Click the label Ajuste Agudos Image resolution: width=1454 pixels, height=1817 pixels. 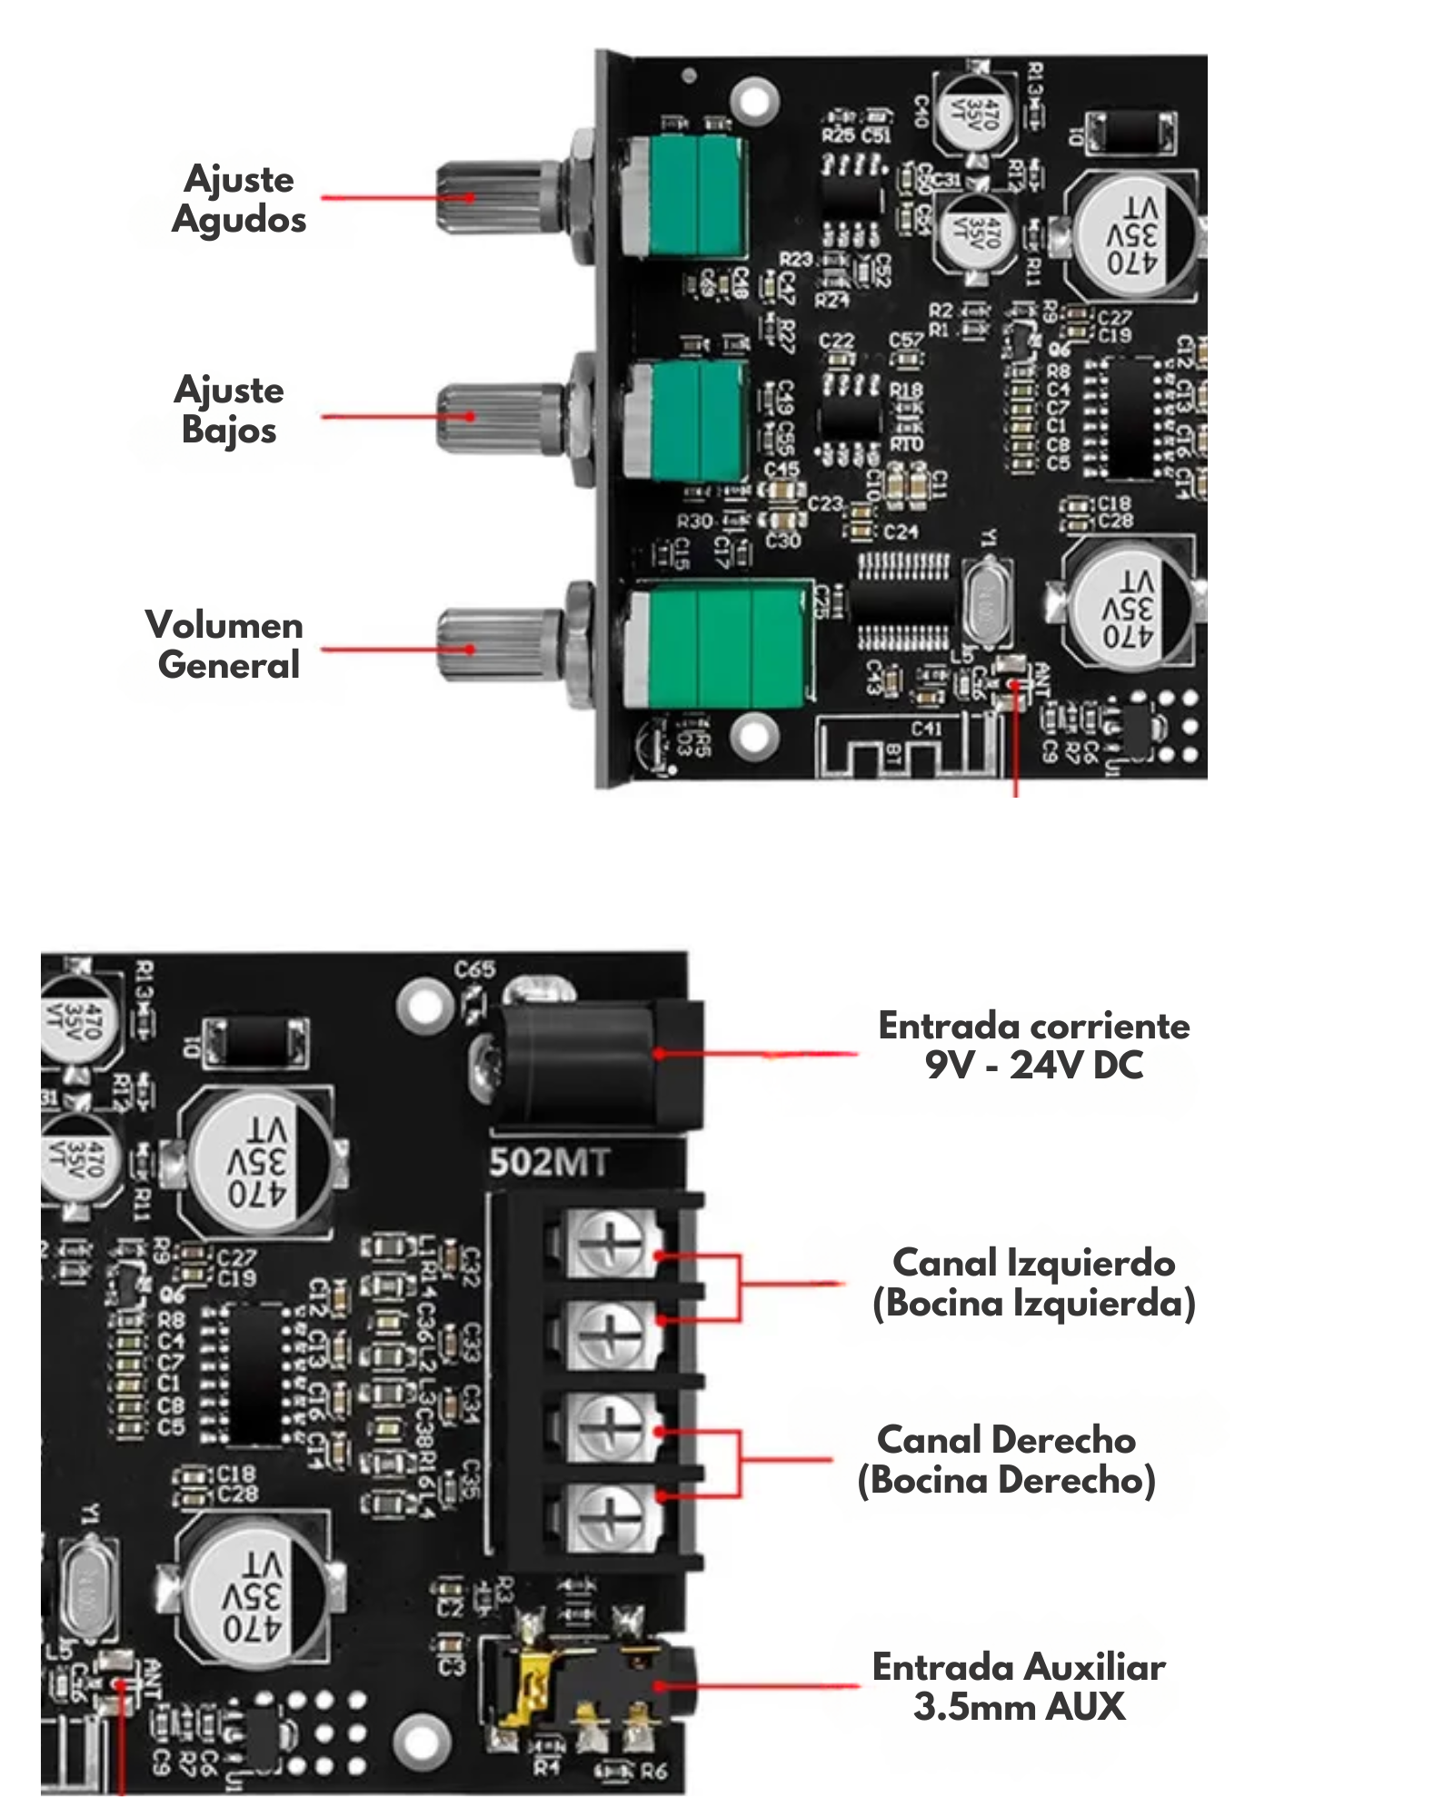(x=239, y=199)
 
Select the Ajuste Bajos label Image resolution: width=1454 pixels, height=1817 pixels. (x=229, y=410)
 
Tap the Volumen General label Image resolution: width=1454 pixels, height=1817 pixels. (x=225, y=644)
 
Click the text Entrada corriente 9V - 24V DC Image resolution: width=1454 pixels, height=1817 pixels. (x=1033, y=1046)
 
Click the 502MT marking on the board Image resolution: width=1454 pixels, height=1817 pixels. (x=549, y=1163)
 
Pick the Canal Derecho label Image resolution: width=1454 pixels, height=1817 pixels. (x=1007, y=1460)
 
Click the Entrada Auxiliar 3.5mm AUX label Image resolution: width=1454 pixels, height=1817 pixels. (x=1019, y=1687)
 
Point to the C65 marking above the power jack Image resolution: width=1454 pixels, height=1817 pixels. (x=475, y=969)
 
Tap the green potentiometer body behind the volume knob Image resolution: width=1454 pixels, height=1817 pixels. (x=718, y=647)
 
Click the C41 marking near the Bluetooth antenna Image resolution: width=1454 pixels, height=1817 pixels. (x=926, y=728)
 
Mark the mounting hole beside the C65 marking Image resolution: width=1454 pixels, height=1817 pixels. (x=424, y=1006)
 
